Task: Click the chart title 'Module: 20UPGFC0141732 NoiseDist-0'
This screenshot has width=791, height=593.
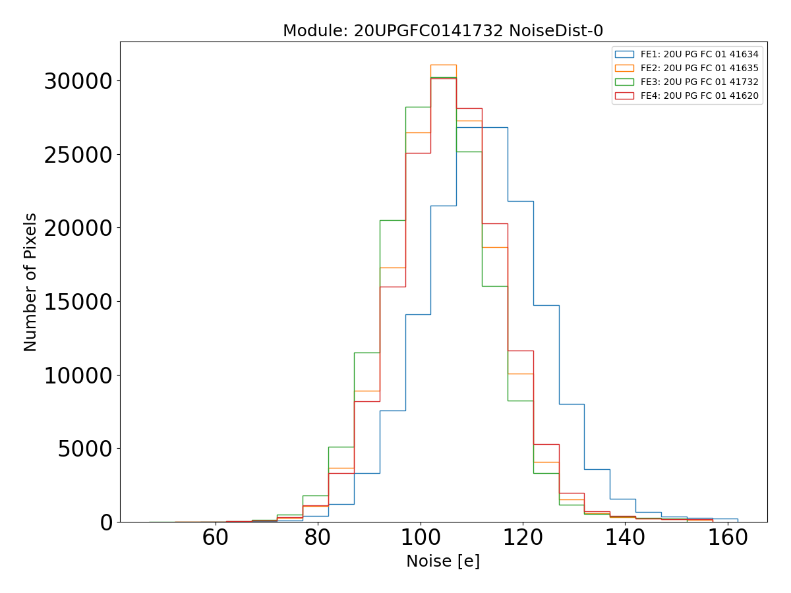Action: point(443,31)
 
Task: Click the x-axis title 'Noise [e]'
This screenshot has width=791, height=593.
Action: point(443,561)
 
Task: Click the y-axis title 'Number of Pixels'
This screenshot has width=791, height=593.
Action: point(31,282)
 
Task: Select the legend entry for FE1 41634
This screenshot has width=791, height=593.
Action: point(699,55)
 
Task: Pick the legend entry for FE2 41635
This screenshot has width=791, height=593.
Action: point(699,69)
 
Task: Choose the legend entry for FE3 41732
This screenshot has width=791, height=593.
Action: point(699,82)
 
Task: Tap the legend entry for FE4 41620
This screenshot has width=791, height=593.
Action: point(699,96)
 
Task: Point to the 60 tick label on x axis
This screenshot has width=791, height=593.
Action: point(216,538)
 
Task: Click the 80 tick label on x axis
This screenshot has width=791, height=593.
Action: point(318,538)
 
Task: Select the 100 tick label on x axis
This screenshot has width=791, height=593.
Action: point(420,538)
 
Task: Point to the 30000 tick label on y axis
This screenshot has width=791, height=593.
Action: point(78,82)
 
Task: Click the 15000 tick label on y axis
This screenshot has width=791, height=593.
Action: point(78,302)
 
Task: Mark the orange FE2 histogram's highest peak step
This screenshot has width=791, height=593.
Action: point(444,65)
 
